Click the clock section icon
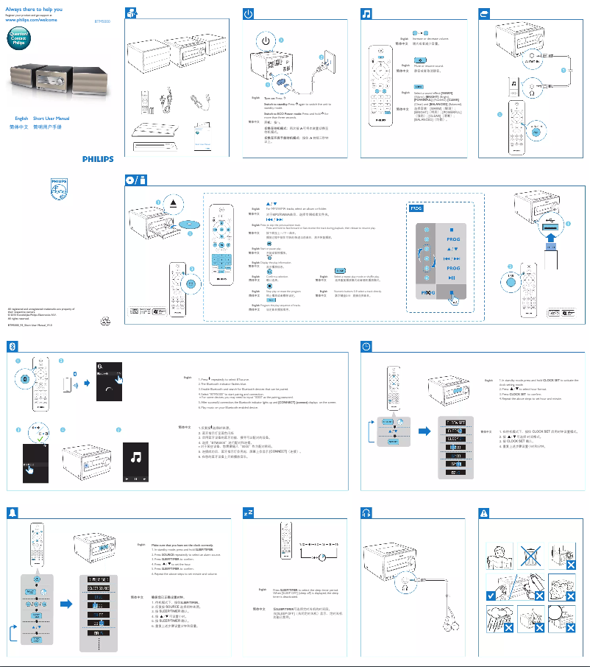(x=366, y=346)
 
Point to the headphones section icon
(x=366, y=512)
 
